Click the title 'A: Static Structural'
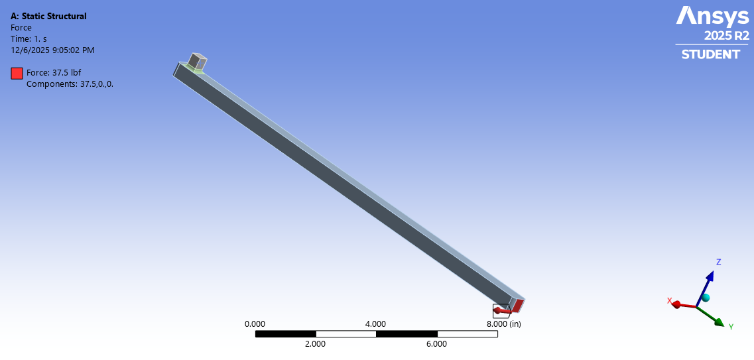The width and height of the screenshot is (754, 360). (48, 16)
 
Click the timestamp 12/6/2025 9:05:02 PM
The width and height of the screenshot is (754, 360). (52, 50)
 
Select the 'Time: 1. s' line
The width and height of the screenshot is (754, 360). (29, 38)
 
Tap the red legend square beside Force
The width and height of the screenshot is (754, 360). (17, 73)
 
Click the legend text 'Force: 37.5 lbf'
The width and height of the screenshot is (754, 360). (53, 73)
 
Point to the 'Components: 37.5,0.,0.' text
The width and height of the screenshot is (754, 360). (70, 84)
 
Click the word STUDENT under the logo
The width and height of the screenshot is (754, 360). (710, 54)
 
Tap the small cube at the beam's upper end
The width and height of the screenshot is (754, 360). (197, 62)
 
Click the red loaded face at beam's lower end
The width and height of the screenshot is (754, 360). (518, 306)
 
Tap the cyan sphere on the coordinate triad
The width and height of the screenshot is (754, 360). (706, 298)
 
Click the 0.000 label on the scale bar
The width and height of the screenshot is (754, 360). (255, 324)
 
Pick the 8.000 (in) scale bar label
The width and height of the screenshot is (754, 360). (503, 324)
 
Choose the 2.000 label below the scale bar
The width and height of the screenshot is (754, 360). (315, 343)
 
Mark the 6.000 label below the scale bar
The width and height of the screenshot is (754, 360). (436, 343)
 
